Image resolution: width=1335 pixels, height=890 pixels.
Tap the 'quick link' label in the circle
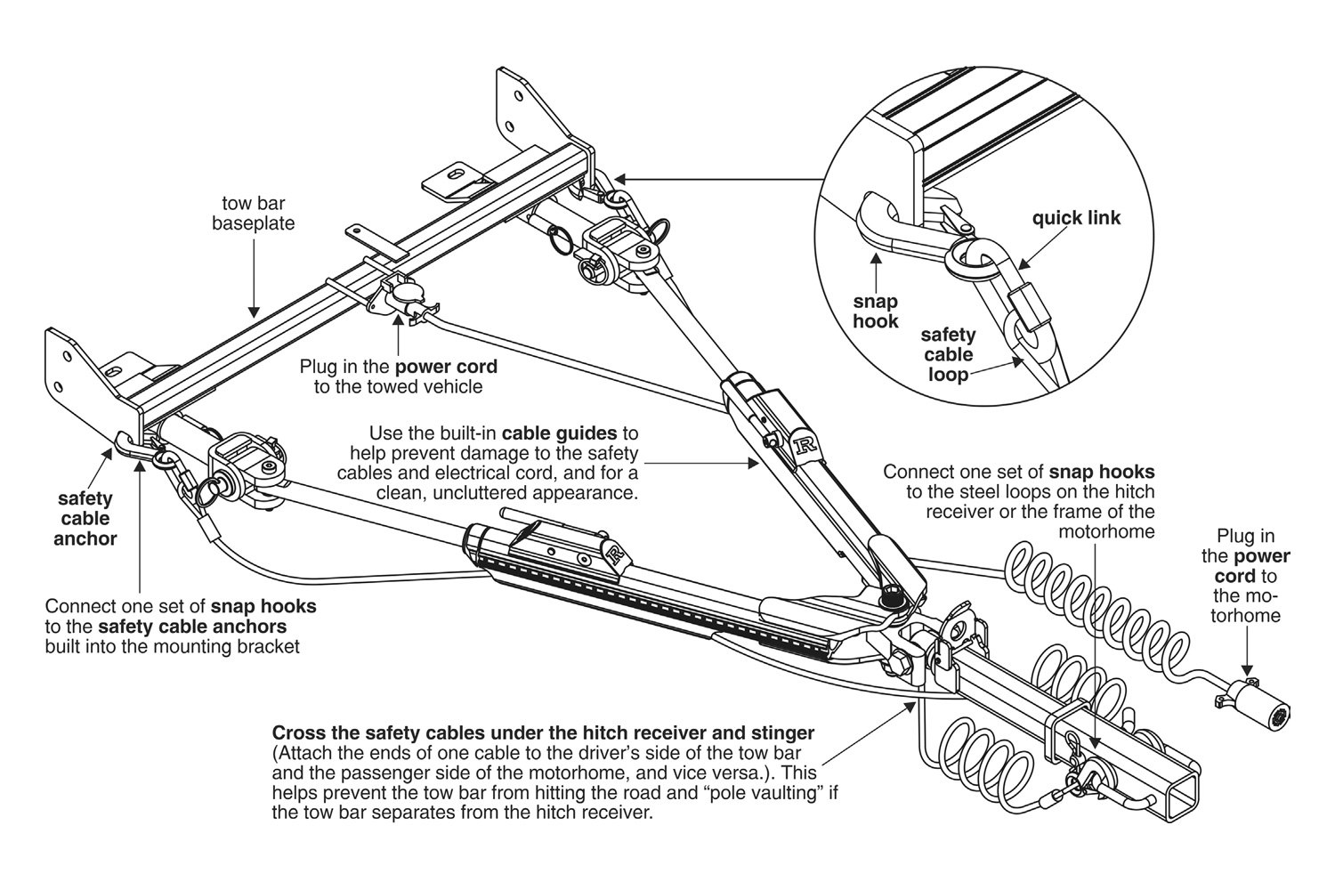1076,218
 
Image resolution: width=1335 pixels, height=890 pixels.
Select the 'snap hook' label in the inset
875,311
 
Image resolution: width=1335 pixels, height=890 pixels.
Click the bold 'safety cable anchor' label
85,519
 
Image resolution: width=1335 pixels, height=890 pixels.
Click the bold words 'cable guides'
560,434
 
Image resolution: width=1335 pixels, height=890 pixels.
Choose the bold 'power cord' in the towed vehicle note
447,367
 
